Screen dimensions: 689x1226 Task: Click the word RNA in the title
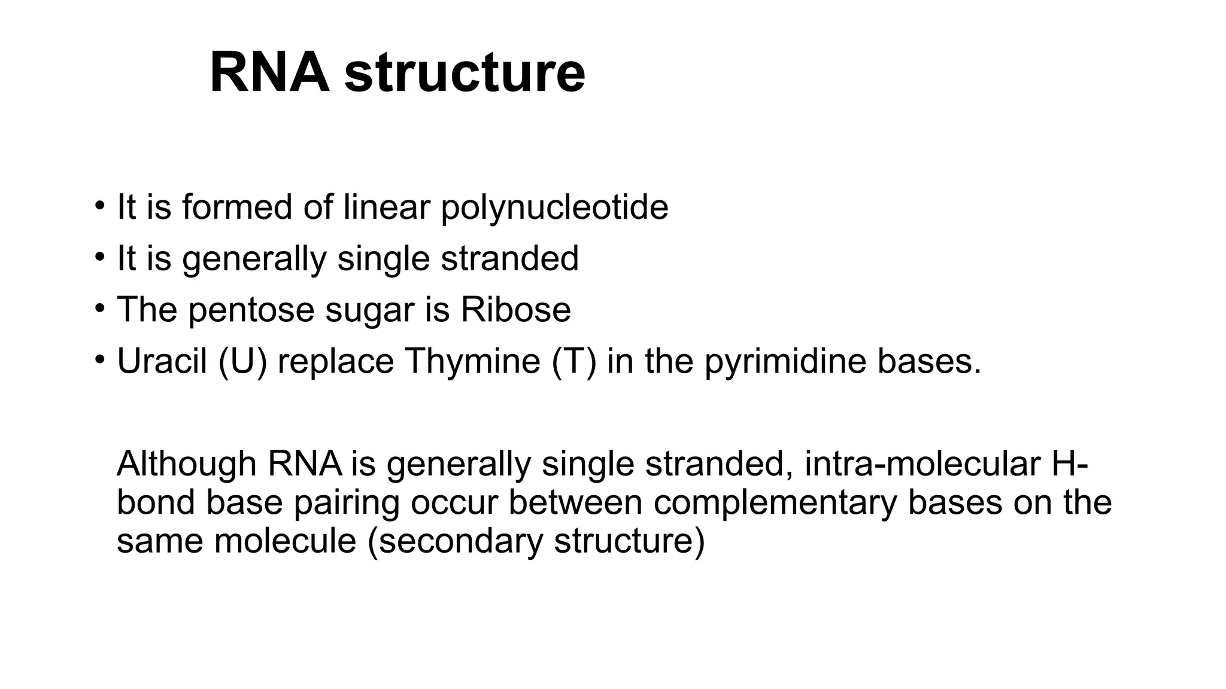click(269, 73)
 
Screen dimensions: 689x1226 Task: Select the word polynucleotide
click(554, 208)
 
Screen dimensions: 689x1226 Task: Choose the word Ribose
click(515, 310)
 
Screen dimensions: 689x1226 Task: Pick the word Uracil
click(162, 361)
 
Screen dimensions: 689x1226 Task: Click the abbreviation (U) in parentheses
click(243, 361)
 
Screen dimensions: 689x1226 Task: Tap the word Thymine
click(472, 361)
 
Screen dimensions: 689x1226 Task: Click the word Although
click(187, 464)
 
